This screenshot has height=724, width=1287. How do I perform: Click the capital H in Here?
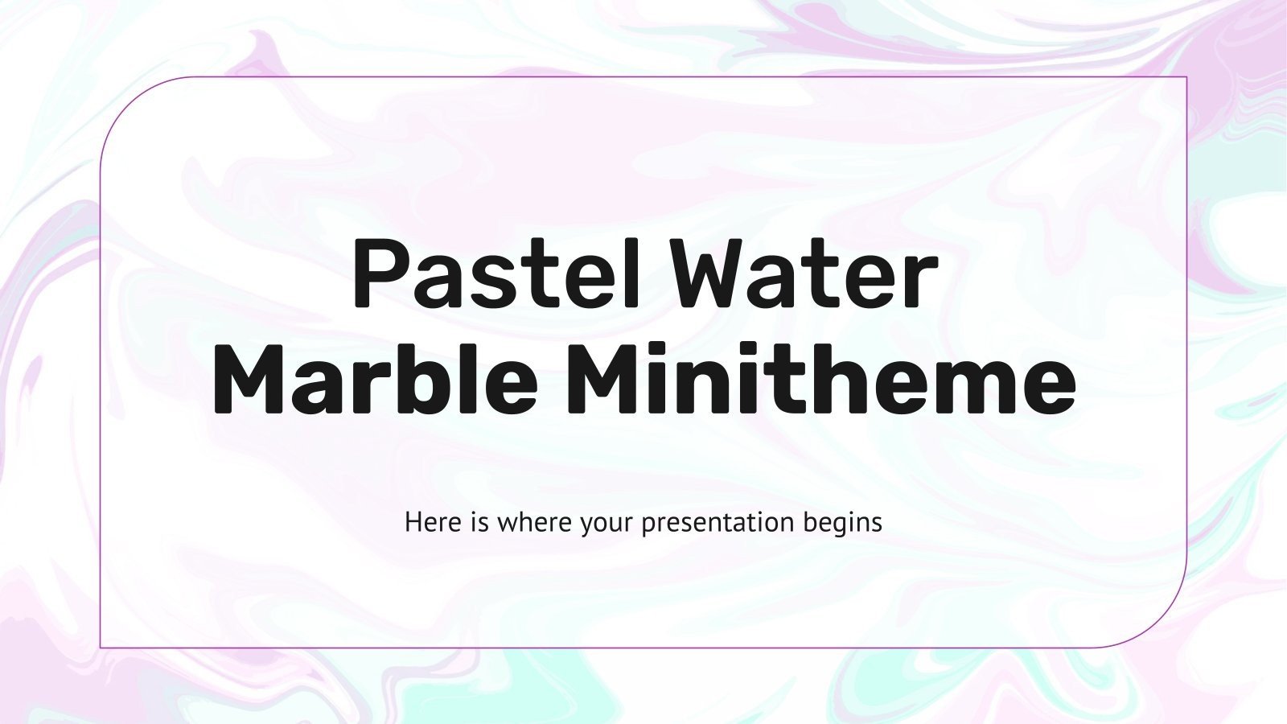pyautogui.click(x=413, y=523)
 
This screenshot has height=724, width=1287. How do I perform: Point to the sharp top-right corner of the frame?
pyautogui.click(x=1187, y=77)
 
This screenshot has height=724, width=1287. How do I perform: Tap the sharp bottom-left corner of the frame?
pyautogui.click(x=101, y=647)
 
